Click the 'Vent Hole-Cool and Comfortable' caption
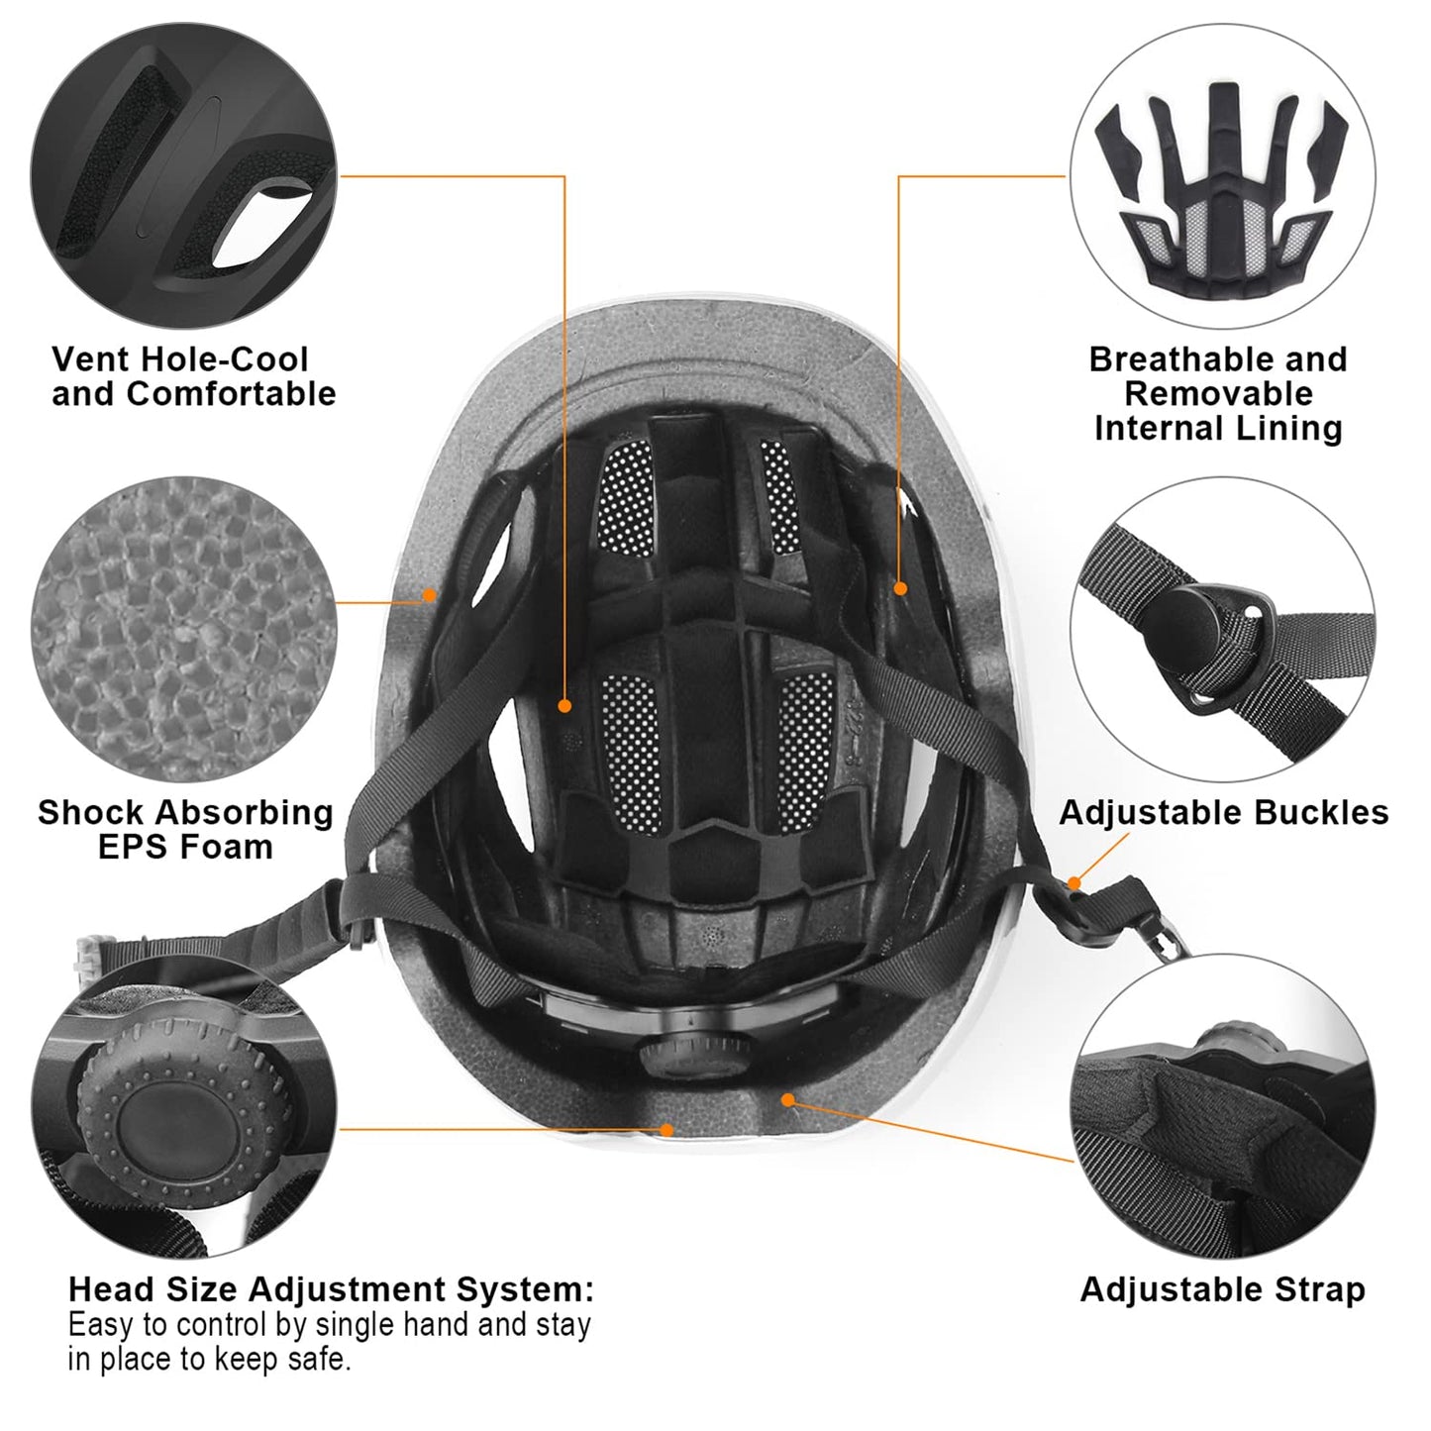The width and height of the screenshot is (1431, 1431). tap(194, 376)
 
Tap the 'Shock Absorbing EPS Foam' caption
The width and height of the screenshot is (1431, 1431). tap(185, 829)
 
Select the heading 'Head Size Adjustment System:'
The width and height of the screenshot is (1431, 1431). tap(331, 1289)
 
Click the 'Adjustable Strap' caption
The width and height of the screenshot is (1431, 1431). tap(1222, 1289)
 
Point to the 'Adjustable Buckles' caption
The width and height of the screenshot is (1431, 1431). tap(1223, 812)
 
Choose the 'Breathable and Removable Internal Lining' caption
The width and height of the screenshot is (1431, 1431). tap(1218, 393)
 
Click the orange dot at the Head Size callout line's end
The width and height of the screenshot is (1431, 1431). tap(667, 1129)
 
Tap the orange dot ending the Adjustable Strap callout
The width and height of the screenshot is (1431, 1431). tap(788, 1099)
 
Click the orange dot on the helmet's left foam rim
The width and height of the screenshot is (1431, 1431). tap(430, 595)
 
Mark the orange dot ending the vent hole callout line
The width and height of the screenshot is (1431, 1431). tap(564, 706)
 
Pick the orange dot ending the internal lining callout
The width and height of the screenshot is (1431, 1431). tap(900, 588)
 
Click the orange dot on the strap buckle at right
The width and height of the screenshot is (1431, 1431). tap(1075, 881)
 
